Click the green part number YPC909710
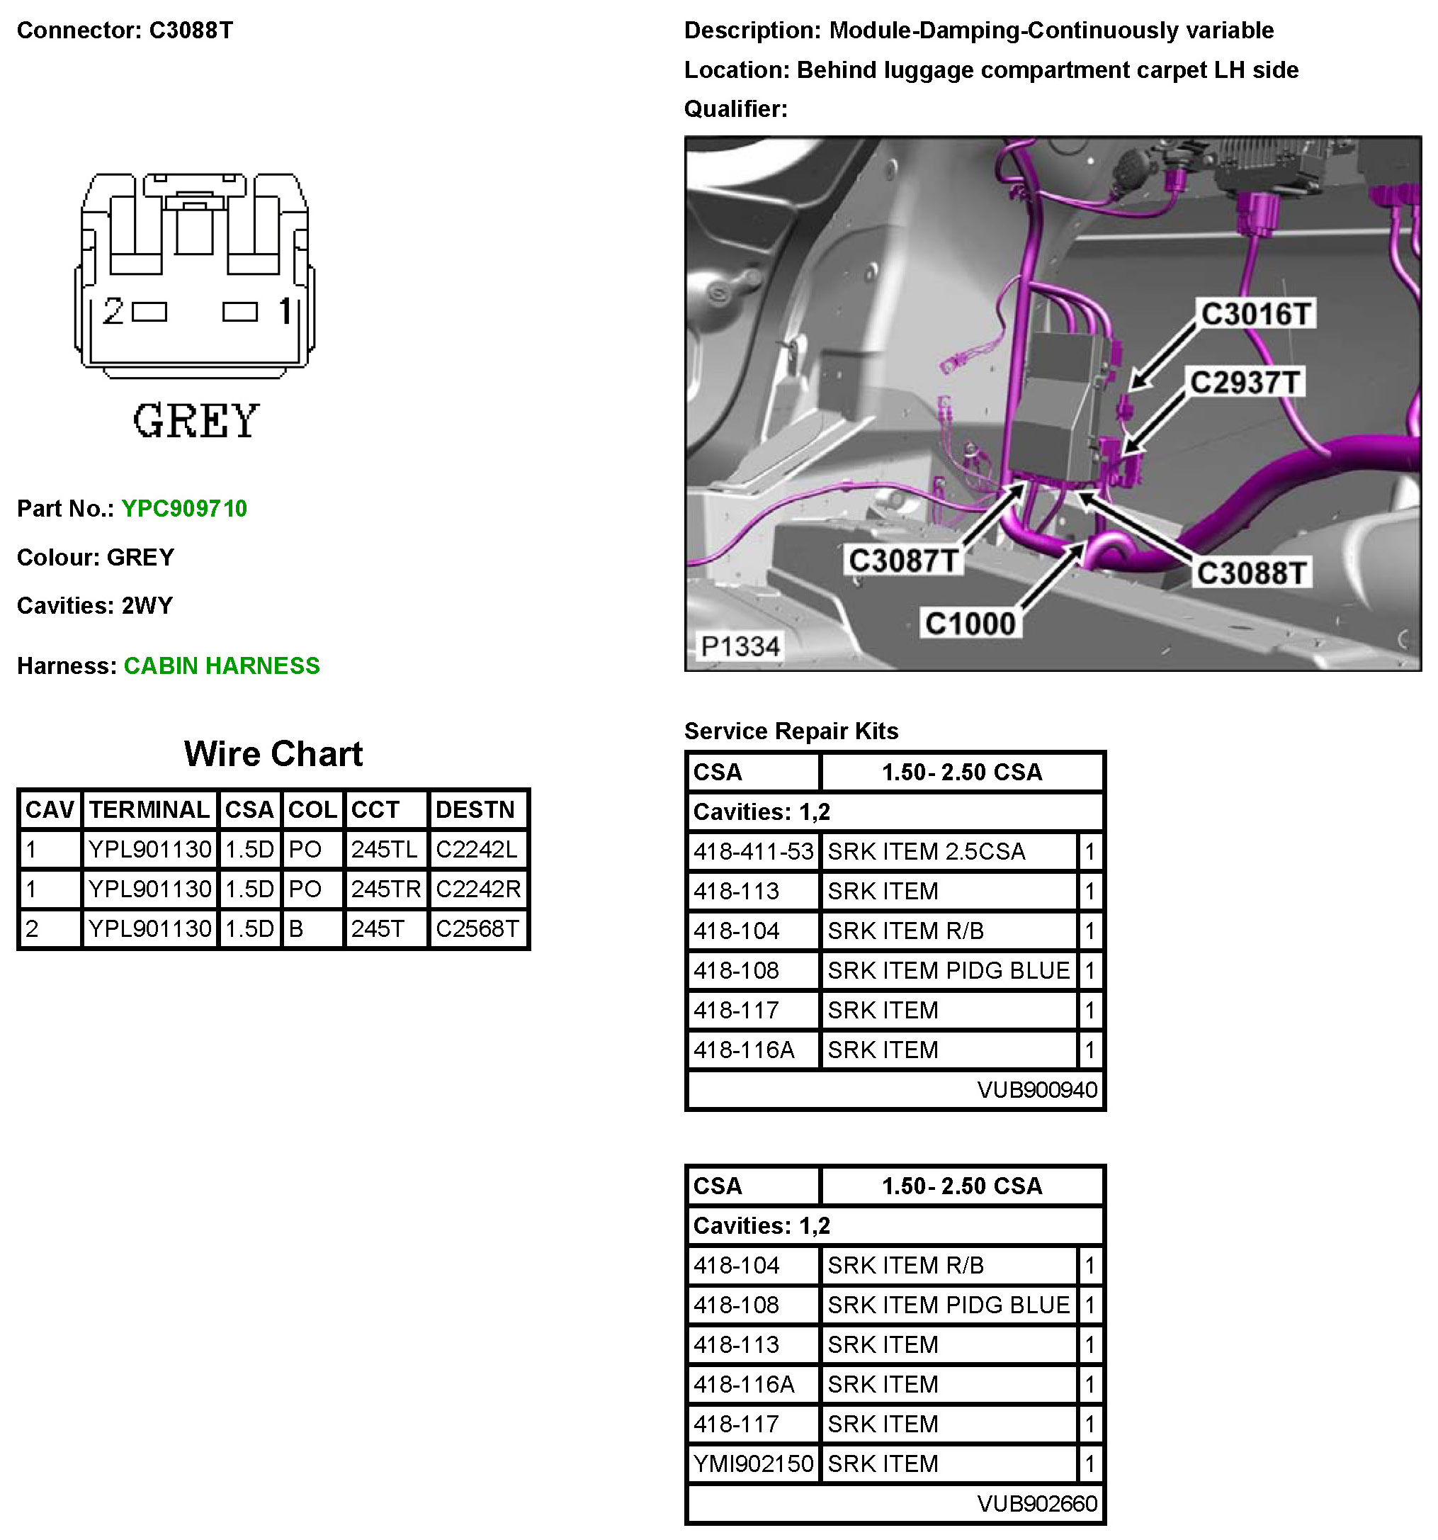pos(184,509)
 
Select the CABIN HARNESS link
pos(222,666)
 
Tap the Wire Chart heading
pos(273,754)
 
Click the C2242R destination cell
pos(477,889)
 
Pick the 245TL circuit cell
pos(384,850)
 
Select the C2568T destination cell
pos(477,929)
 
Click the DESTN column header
pos(475,809)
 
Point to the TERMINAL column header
pos(149,809)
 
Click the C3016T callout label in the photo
pos(1255,314)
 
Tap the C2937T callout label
pos(1244,382)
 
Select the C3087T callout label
pos(904,560)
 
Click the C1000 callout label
pos(970,623)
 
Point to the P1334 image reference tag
pos(740,646)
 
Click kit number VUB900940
pos(1036,1090)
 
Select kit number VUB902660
pos(1036,1504)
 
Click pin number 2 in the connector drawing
pos(113,311)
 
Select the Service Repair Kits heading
pos(791,731)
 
